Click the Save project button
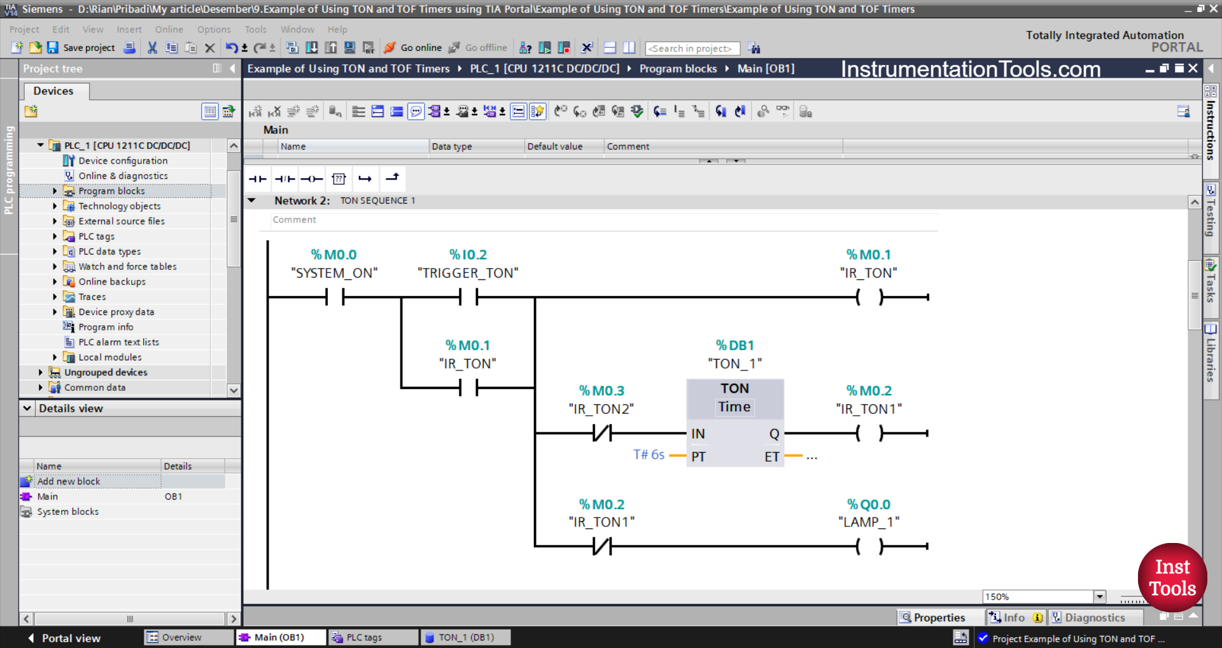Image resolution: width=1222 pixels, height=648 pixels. tap(81, 48)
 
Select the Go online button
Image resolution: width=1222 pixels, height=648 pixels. tap(413, 48)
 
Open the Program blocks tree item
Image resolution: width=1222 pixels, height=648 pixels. tap(111, 191)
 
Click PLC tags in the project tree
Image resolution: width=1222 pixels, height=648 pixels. tap(96, 236)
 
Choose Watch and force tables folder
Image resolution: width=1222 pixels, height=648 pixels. tap(127, 267)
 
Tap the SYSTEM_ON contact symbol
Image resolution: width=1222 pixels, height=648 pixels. tap(335, 297)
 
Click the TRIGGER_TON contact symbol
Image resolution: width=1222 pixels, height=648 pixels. tap(468, 297)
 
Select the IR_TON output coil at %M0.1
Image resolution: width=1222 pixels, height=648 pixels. tap(869, 297)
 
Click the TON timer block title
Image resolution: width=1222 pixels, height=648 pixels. tap(734, 388)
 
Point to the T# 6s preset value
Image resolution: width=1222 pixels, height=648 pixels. tap(649, 454)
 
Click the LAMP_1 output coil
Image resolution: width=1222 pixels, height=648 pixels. tap(869, 546)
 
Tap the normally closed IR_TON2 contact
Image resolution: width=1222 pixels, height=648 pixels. tap(601, 433)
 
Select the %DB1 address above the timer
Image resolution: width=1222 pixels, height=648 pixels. tap(734, 346)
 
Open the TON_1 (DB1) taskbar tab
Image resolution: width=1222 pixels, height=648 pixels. tap(466, 637)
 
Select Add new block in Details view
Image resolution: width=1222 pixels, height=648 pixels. tap(69, 481)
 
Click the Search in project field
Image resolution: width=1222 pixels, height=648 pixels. tap(692, 48)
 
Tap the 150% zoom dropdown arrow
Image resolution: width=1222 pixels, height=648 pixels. tap(1099, 596)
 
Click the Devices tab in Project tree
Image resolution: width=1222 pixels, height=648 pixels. tap(53, 91)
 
